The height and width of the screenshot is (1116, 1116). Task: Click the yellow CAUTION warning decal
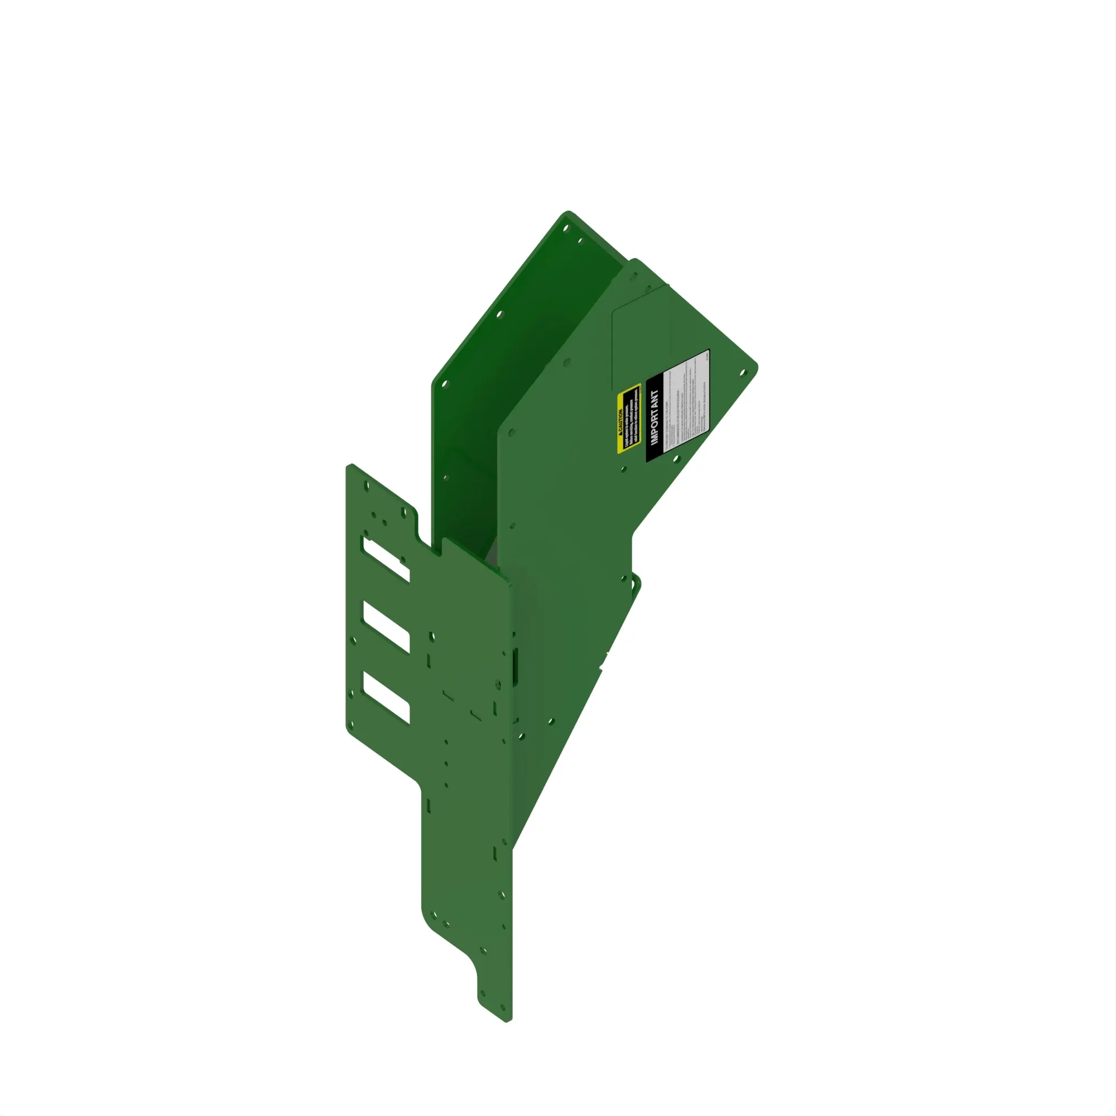(628, 418)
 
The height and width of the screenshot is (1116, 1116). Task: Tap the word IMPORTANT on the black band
(655, 417)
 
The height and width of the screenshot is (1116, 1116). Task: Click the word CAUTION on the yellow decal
(620, 423)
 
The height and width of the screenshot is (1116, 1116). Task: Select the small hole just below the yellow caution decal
(623, 469)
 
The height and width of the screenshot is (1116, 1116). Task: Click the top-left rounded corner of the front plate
(350, 466)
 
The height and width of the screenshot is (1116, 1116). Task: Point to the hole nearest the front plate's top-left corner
(366, 487)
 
